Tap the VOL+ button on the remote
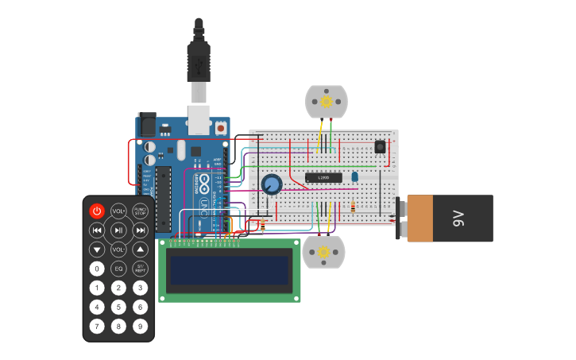pyautogui.click(x=118, y=211)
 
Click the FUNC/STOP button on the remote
pyautogui.click(x=140, y=211)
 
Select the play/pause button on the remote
pyautogui.click(x=118, y=230)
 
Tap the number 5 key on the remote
pyautogui.click(x=118, y=307)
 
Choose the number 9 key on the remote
pyautogui.click(x=140, y=326)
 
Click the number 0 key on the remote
pyautogui.click(x=97, y=269)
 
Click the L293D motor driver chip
pyautogui.click(x=323, y=177)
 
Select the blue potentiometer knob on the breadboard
pyautogui.click(x=272, y=184)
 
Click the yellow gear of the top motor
pyautogui.click(x=326, y=101)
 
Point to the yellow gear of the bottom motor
pyautogui.click(x=323, y=253)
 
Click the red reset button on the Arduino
pyautogui.click(x=220, y=127)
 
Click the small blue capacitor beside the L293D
pyautogui.click(x=354, y=176)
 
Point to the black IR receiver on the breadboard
pyautogui.click(x=380, y=147)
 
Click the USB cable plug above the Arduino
pyautogui.click(x=199, y=64)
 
